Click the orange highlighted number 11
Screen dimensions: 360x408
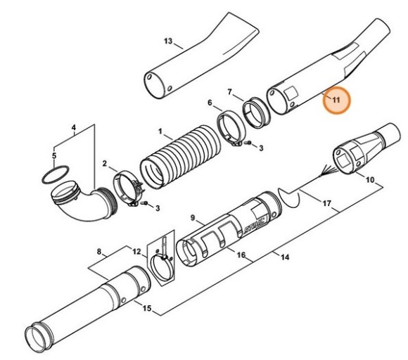[336, 100]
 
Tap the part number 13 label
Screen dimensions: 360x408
[167, 41]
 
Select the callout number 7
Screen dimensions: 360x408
[229, 92]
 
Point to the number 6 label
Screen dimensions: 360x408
[210, 103]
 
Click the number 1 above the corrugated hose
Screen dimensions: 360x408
[160, 131]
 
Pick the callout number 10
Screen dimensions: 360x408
[370, 180]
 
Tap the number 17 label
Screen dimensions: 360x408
[326, 204]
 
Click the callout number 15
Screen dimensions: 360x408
[146, 308]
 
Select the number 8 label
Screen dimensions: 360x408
[99, 251]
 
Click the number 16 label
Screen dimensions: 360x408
[241, 255]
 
